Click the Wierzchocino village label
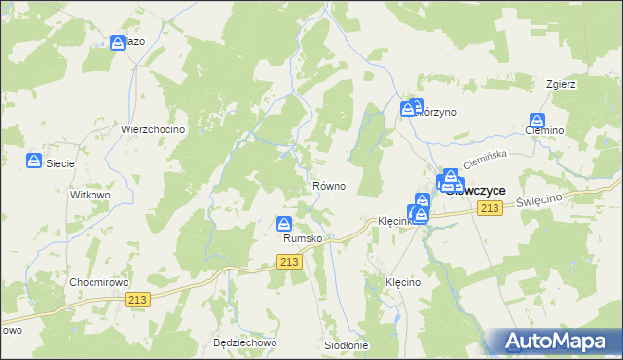click(x=153, y=129)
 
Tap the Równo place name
click(x=328, y=186)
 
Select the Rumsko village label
click(x=302, y=238)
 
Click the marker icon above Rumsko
click(x=284, y=224)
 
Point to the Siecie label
click(x=60, y=163)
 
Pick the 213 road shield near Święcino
click(x=491, y=209)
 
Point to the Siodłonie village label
click(x=346, y=345)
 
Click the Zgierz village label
click(x=562, y=84)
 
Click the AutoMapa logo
click(x=560, y=341)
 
